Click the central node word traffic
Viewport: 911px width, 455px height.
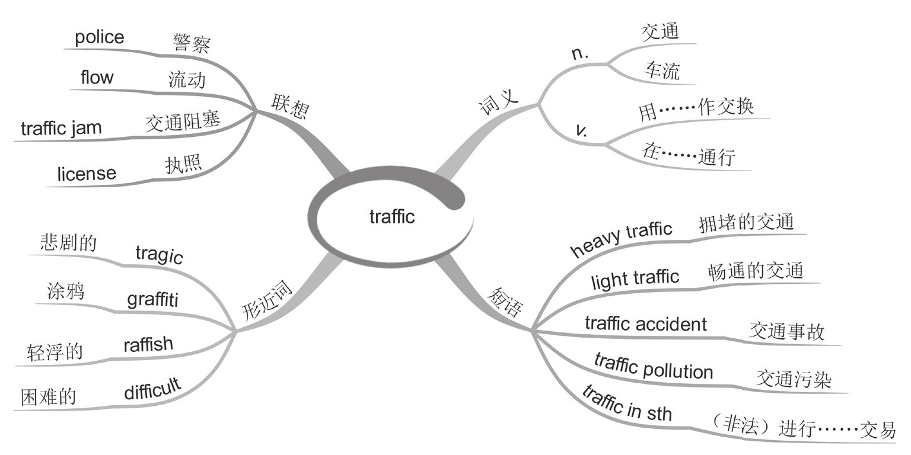(392, 217)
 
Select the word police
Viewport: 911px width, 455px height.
(100, 37)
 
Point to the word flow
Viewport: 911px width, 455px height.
(97, 77)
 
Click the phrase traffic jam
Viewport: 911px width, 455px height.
(61, 128)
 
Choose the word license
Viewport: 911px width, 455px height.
(87, 174)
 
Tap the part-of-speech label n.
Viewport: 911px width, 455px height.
(579, 53)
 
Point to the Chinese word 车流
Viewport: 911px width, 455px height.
(661, 71)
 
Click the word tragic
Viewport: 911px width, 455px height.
(159, 255)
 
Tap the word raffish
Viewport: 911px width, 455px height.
(148, 344)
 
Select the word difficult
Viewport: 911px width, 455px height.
(152, 389)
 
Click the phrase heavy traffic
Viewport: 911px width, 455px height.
(621, 239)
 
